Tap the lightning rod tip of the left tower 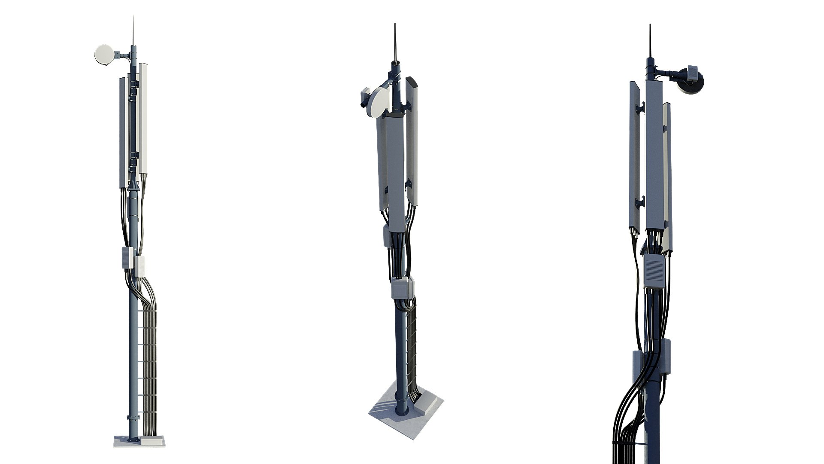point(133,18)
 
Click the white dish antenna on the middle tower point(379,102)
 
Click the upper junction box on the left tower point(127,257)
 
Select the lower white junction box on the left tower point(140,266)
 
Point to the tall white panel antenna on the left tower point(143,118)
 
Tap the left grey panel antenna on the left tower point(124,133)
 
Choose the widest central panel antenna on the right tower point(654,155)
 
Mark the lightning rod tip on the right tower point(650,26)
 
